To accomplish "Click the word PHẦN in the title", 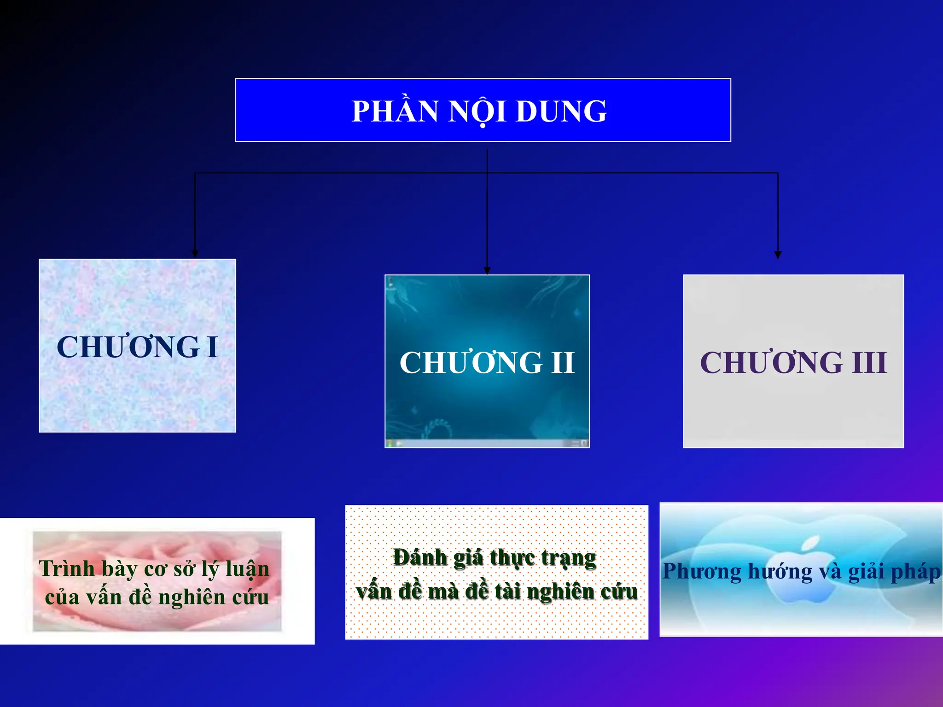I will pyautogui.click(x=395, y=111).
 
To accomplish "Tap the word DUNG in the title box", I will pyautogui.click(x=561, y=111).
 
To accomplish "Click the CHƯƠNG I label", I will pyautogui.click(x=137, y=347).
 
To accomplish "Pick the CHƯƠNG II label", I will pyautogui.click(x=487, y=363).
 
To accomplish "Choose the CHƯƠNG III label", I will pyautogui.click(x=793, y=363).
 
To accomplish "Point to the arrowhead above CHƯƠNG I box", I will pyautogui.click(x=195, y=254).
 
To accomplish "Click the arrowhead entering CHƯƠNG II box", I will pyautogui.click(x=487, y=270).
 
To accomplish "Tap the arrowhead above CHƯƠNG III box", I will pyautogui.click(x=778, y=255).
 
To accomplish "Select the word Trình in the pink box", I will pyautogui.click(x=67, y=569).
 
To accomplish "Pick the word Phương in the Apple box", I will pyautogui.click(x=702, y=572).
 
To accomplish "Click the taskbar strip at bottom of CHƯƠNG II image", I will pyautogui.click(x=487, y=443).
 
